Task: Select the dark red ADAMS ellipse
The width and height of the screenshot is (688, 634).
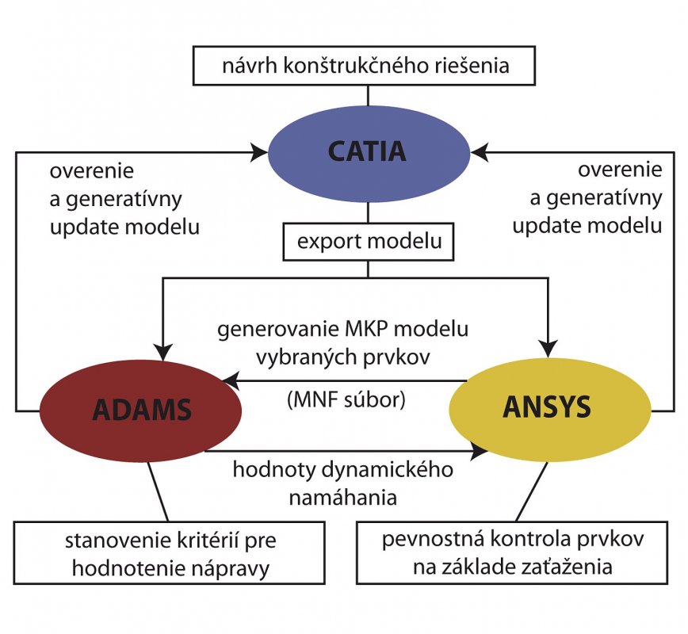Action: [140, 411]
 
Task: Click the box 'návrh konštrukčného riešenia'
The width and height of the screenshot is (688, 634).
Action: [364, 65]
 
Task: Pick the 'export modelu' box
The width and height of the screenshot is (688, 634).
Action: [369, 243]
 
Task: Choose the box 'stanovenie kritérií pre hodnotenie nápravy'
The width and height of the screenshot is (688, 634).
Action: [170, 553]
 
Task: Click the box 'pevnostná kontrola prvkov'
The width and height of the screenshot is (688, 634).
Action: [512, 553]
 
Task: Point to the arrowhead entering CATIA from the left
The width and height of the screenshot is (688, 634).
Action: [259, 153]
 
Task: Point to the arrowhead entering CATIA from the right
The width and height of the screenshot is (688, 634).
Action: [479, 153]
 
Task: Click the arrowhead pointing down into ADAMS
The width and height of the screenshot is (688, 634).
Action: [162, 351]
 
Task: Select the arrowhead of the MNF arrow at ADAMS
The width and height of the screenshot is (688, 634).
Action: [231, 381]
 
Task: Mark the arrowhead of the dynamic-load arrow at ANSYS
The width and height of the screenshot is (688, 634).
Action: [479, 451]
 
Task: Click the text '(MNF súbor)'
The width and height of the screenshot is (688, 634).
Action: [346, 399]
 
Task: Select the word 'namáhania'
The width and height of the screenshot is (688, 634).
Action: [343, 498]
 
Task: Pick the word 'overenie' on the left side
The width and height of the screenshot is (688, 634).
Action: [92, 171]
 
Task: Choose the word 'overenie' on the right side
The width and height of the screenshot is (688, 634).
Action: [620, 170]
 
